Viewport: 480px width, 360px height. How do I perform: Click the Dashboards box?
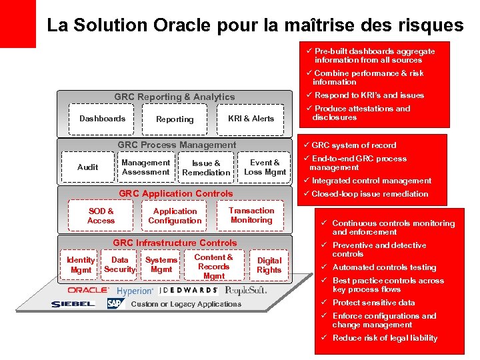tap(102, 119)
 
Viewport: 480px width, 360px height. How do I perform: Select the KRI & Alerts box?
tap(251, 119)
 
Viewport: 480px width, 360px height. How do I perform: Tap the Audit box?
tap(87, 167)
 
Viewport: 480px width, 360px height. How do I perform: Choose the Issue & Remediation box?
tap(206, 167)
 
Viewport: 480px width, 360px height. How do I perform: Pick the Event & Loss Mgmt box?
tap(265, 167)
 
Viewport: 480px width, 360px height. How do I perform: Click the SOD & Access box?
tap(101, 216)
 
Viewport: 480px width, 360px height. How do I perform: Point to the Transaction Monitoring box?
tap(251, 215)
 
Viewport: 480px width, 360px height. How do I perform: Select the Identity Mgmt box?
tap(81, 265)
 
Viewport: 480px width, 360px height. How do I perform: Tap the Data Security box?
tap(120, 265)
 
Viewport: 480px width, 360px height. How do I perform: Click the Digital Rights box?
tap(269, 265)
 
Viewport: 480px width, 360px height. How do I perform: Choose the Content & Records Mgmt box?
tap(213, 267)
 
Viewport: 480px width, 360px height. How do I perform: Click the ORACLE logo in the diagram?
tap(87, 291)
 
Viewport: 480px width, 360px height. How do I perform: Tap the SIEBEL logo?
tap(73, 304)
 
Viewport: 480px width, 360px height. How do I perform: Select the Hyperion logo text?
tap(135, 291)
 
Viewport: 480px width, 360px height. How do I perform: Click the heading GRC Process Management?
tap(177, 145)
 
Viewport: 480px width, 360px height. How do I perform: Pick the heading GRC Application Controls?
tap(176, 194)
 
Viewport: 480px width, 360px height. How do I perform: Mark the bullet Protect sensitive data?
tap(373, 303)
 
